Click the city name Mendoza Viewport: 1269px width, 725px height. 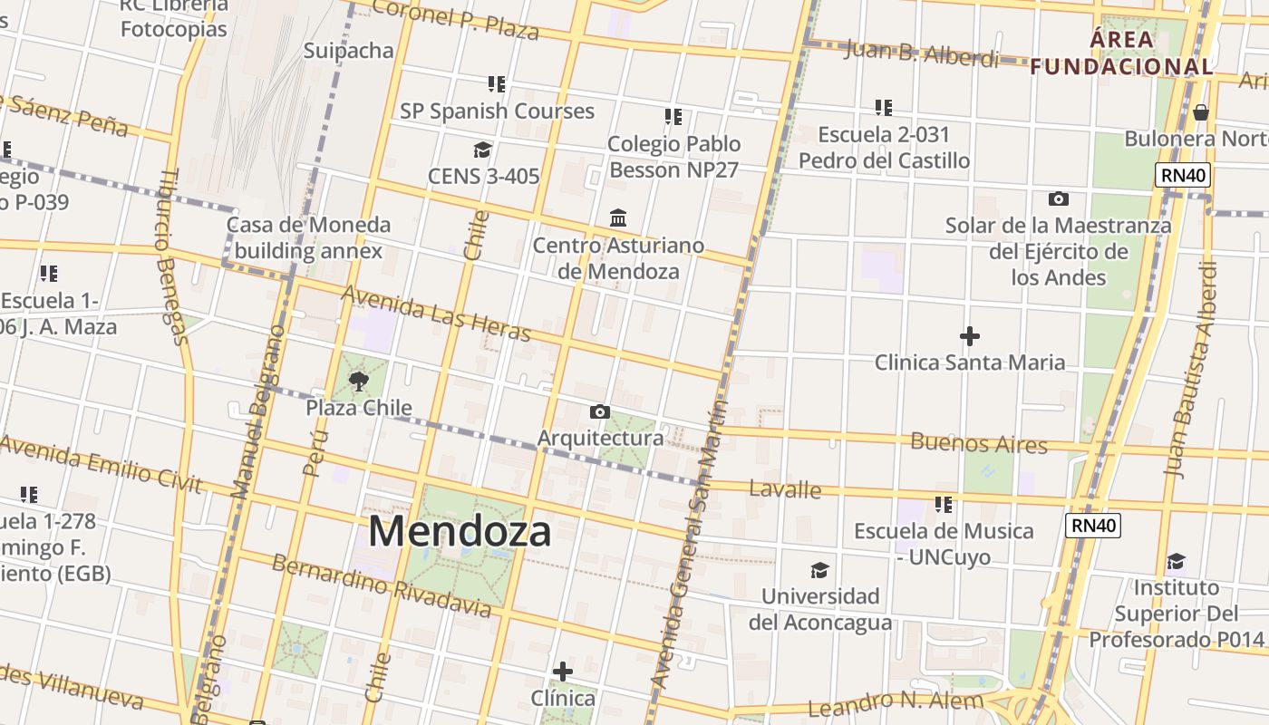460,531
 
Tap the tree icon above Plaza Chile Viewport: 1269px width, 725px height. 359,381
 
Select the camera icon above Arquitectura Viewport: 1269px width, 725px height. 599,412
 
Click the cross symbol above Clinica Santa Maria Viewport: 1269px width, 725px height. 969,336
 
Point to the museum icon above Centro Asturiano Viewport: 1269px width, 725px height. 619,217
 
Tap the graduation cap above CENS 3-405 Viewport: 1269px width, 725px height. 482,150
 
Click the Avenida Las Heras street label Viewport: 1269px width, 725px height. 435,314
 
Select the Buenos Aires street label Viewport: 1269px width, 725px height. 978,444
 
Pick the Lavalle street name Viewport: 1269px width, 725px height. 785,490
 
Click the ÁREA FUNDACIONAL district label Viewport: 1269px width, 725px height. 1122,53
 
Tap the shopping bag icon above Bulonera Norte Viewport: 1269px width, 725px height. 1201,112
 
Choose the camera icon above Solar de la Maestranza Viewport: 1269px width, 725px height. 1058,198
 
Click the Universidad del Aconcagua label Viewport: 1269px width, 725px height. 819,609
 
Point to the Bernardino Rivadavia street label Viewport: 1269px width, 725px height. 381,585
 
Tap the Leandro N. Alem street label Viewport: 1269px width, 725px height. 895,703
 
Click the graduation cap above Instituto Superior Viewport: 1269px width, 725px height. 1176,561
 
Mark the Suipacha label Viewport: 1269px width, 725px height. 348,50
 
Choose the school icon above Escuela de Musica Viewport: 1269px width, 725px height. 944,504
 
